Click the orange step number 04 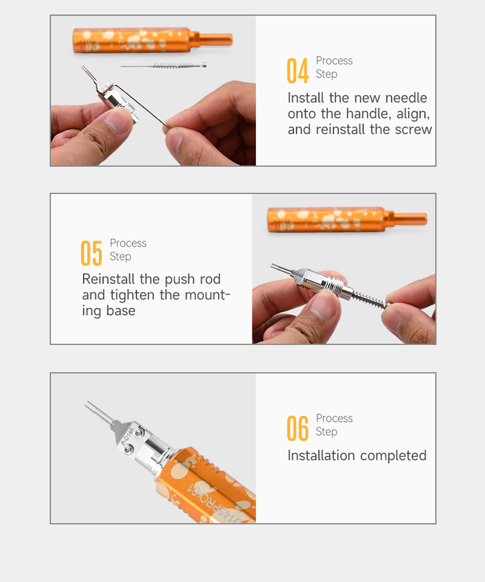pos(298,70)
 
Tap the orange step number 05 pos(92,253)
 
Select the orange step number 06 pos(298,429)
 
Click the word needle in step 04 pos(406,98)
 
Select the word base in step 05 pos(121,310)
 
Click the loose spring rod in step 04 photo pos(164,65)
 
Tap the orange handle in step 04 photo pos(153,40)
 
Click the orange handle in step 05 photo pos(347,219)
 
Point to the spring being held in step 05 pos(370,299)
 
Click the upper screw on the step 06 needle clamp pos(139,432)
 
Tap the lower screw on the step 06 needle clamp pos(128,449)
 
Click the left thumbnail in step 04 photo pos(117,121)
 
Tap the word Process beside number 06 pos(334,418)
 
